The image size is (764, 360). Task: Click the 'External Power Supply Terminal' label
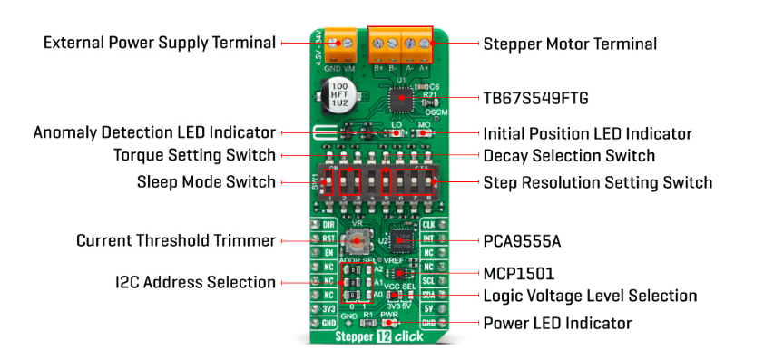click(x=159, y=43)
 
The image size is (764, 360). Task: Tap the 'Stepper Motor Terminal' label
click(x=570, y=44)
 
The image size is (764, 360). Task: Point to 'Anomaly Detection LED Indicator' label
click(x=154, y=132)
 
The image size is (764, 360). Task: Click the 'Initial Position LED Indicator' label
click(x=587, y=133)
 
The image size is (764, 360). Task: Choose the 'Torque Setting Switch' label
click(x=194, y=155)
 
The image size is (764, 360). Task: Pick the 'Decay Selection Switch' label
click(x=569, y=156)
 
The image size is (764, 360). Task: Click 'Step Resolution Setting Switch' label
click(x=597, y=182)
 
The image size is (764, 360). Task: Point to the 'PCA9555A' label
click(x=523, y=241)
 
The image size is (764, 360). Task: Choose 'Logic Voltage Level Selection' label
click(x=590, y=296)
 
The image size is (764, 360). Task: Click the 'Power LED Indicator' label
click(x=557, y=322)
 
